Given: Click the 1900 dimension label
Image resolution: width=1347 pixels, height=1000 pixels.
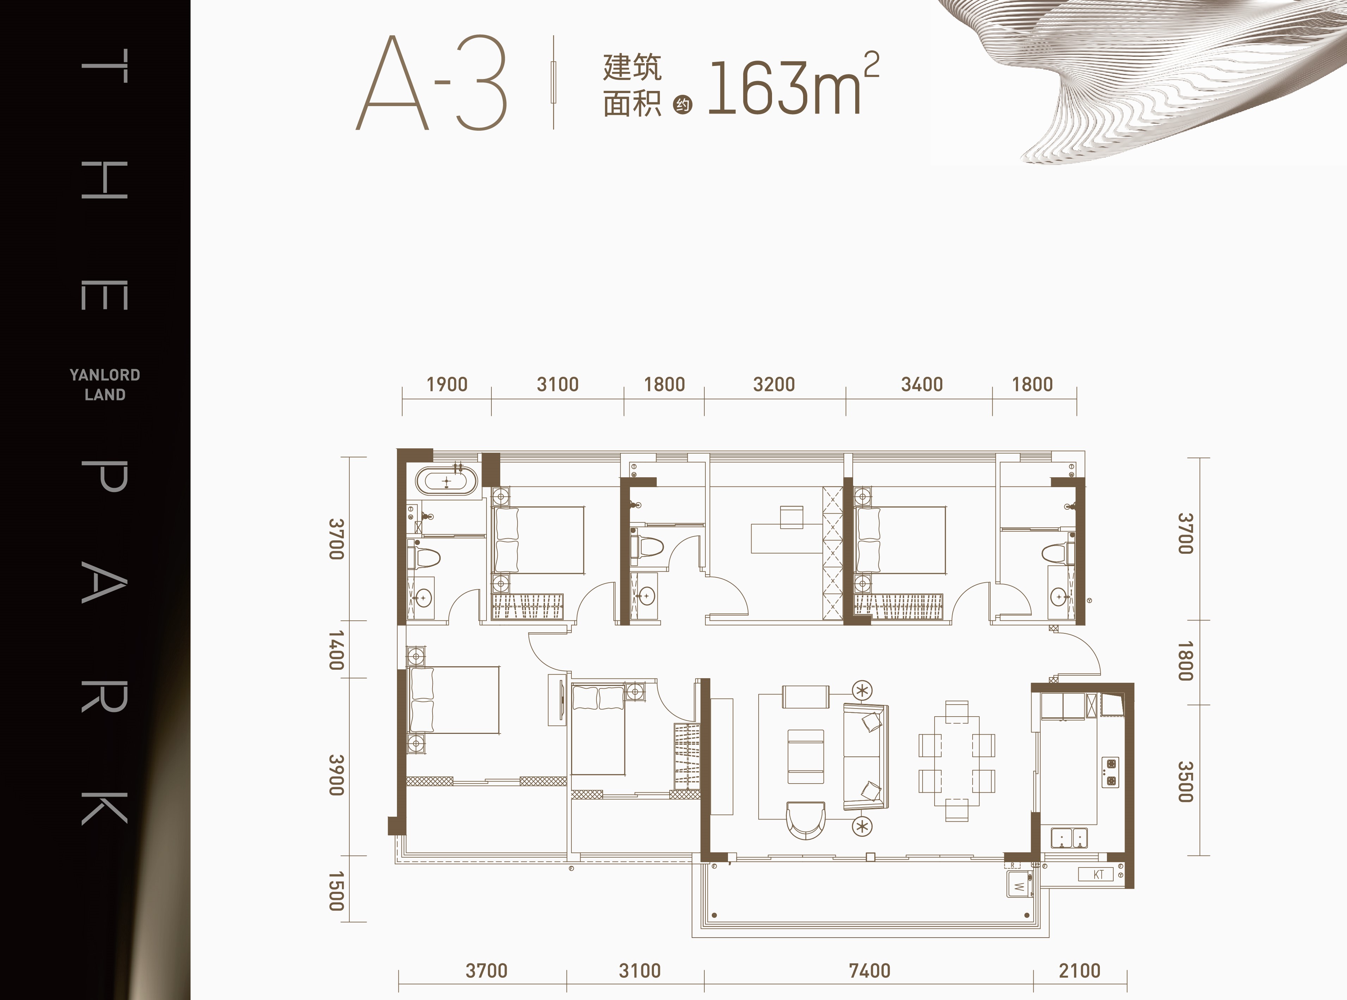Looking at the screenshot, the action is click(x=447, y=384).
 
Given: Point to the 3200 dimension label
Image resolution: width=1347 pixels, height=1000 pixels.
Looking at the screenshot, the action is click(x=774, y=384).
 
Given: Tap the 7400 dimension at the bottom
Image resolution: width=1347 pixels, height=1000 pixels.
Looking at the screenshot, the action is click(x=869, y=971).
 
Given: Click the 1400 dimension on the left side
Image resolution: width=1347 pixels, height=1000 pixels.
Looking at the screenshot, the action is click(x=337, y=650).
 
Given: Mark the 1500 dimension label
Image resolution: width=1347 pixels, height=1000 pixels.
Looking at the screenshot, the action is click(x=337, y=891).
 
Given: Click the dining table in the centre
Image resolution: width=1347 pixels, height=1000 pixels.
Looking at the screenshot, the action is click(x=956, y=761).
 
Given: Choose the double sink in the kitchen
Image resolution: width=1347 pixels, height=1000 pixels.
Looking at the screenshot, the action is click(x=1069, y=838).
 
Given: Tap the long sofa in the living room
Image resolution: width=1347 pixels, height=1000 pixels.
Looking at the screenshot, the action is click(x=866, y=757).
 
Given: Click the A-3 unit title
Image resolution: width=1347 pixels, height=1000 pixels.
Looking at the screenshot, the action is click(x=431, y=82).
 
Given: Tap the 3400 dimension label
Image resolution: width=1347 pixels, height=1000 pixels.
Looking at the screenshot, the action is click(x=922, y=384).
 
